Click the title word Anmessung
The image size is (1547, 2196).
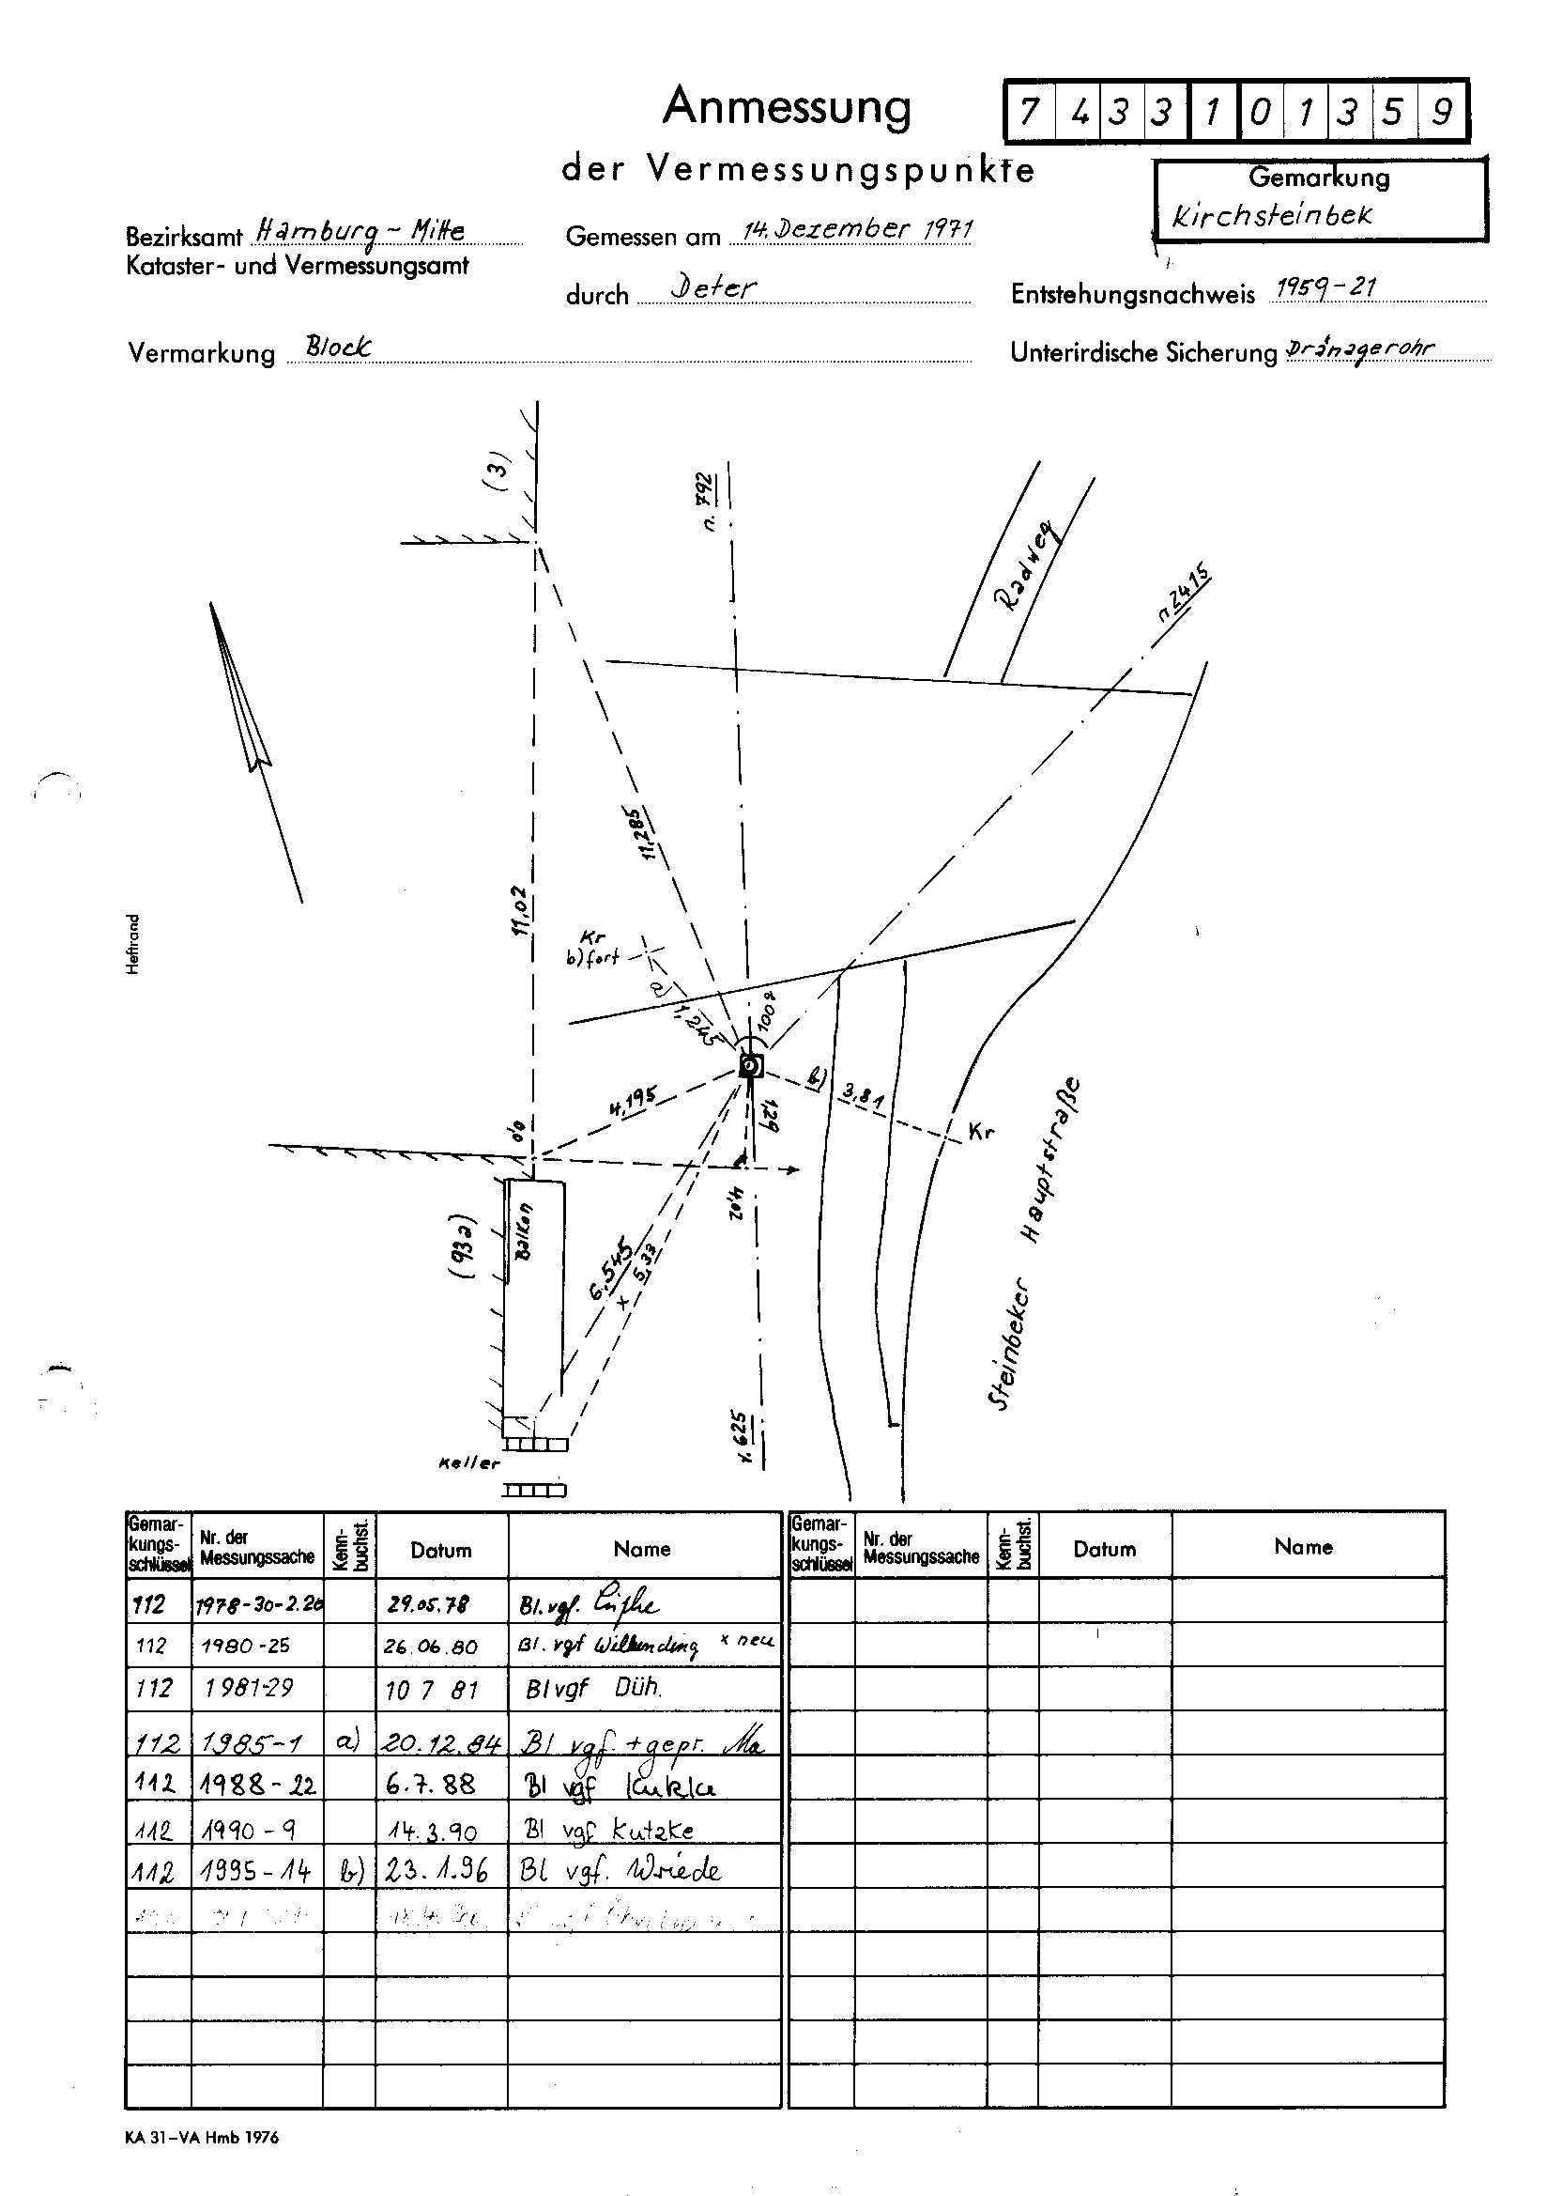(786, 107)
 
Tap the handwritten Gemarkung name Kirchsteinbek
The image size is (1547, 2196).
(1272, 215)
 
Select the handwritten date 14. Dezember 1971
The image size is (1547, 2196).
(857, 229)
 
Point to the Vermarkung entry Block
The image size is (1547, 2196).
(338, 347)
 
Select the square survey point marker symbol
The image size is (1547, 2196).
(751, 1065)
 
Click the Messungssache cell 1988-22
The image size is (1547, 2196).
(258, 1785)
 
